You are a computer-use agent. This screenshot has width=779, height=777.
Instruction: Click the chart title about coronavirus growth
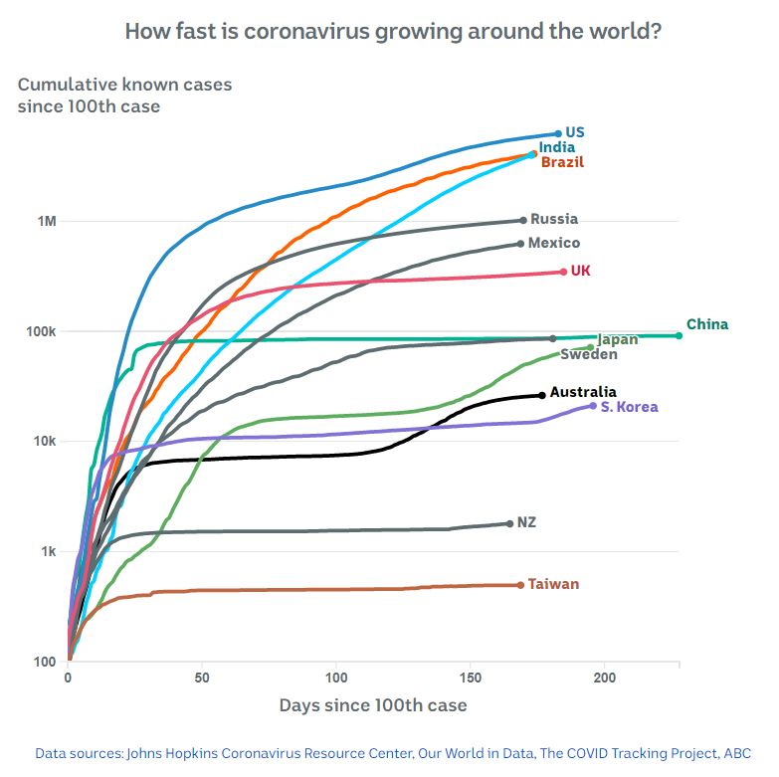click(x=393, y=31)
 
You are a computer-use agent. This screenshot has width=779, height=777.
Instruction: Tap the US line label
click(x=574, y=132)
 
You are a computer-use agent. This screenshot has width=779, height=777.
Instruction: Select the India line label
click(x=556, y=147)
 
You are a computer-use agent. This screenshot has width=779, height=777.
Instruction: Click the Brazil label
click(x=562, y=162)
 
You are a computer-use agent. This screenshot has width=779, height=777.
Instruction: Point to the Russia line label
click(x=554, y=219)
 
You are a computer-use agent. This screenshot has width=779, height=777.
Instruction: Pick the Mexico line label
click(x=554, y=243)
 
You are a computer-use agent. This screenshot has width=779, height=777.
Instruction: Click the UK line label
click(x=580, y=271)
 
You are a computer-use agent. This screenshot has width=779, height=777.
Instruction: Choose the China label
click(x=707, y=324)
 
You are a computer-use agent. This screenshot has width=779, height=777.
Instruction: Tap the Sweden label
click(x=589, y=354)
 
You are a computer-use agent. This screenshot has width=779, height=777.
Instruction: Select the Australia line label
click(x=583, y=392)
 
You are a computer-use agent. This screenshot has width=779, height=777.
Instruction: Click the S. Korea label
click(x=629, y=407)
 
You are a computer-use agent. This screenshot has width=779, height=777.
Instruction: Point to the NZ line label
click(x=526, y=522)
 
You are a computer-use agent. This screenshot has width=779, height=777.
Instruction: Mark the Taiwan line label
click(x=553, y=584)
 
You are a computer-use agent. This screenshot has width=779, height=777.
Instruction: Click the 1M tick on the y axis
click(x=47, y=221)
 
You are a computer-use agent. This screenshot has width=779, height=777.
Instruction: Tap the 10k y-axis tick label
click(x=46, y=441)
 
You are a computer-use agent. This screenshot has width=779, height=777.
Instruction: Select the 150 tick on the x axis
click(x=470, y=678)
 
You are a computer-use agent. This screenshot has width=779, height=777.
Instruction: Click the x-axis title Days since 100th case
click(x=373, y=705)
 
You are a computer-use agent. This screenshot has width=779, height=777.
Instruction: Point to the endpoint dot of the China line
click(x=680, y=335)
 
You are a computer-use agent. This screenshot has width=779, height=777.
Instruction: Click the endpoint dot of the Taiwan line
click(x=520, y=585)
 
